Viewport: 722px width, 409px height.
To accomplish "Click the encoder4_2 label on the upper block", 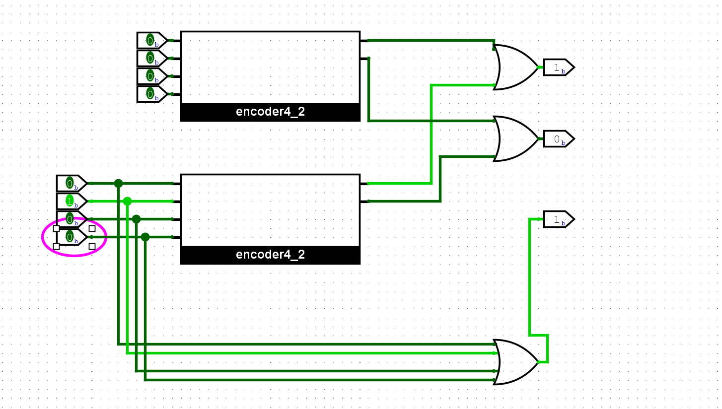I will point(270,112).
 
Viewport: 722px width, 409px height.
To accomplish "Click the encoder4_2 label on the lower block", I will point(270,255).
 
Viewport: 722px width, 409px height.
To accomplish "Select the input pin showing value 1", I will point(71,202).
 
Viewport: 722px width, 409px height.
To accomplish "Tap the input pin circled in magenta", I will point(71,237).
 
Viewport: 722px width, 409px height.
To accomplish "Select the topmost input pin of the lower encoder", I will point(71,184).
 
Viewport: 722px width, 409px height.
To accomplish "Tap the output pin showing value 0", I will point(558,139).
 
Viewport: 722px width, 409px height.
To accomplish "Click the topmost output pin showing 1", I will point(558,67).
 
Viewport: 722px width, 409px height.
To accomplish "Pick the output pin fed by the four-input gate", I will point(558,219).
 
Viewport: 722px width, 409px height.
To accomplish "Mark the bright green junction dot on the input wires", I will point(127,201).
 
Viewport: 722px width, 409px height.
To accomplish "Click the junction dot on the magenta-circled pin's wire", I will point(145,237).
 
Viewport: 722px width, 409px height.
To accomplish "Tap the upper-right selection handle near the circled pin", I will point(92,228).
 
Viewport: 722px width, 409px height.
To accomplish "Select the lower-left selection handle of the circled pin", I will point(56,246).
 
